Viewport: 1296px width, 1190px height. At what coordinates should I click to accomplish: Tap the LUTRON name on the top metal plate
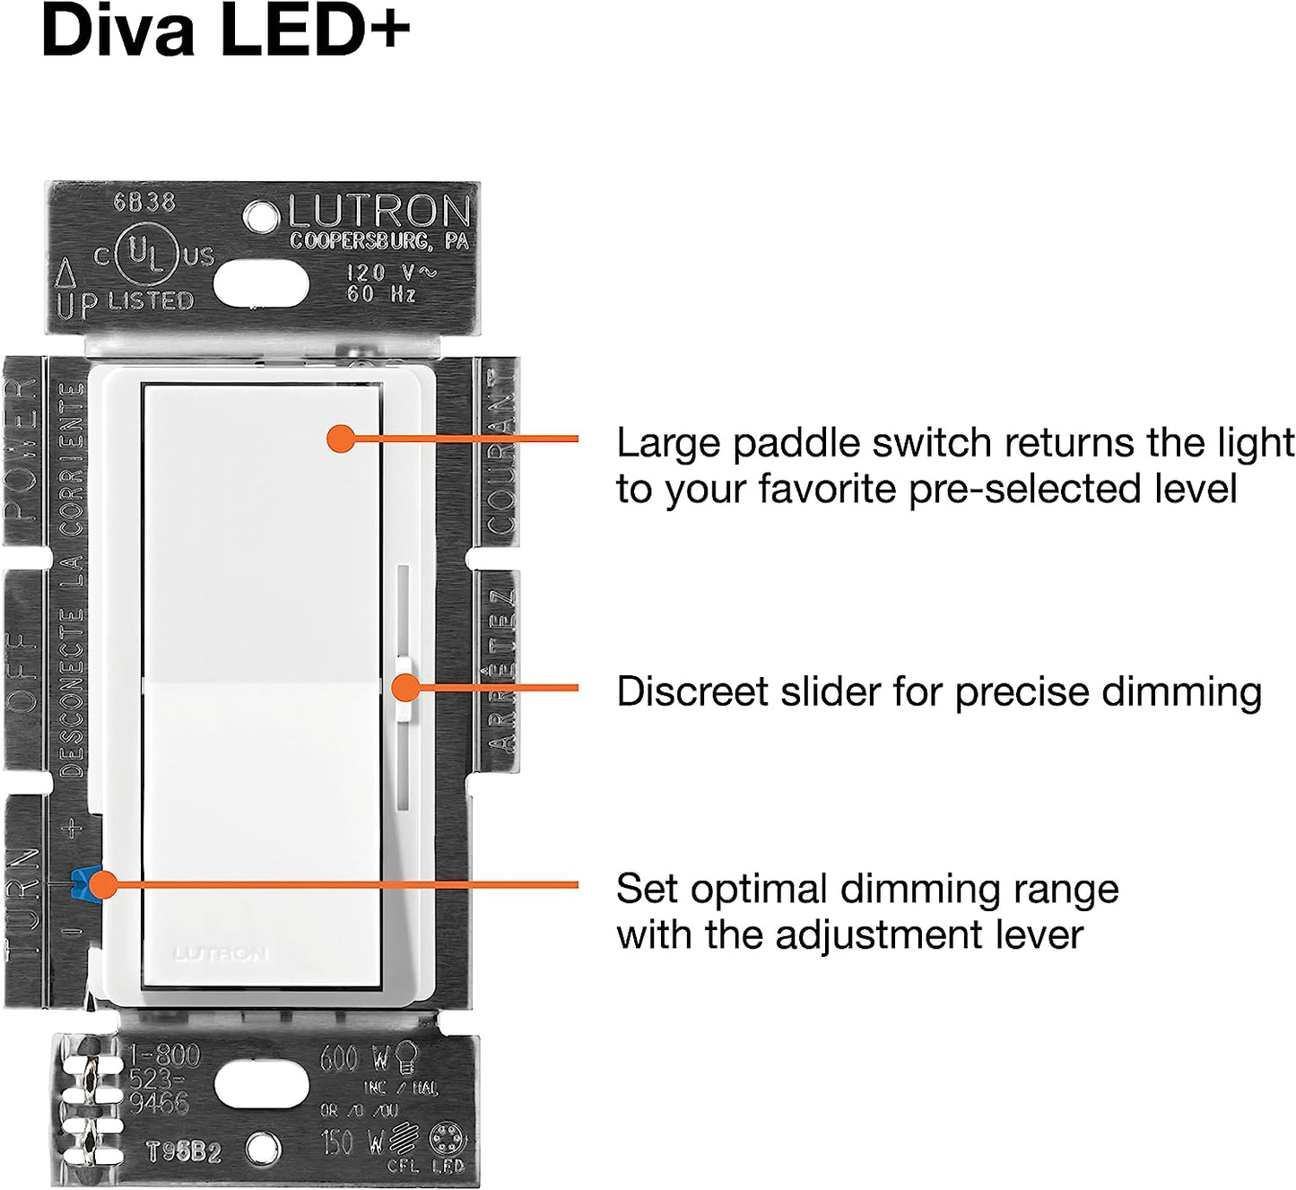379,213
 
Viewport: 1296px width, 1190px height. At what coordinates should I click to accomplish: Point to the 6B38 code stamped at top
144,203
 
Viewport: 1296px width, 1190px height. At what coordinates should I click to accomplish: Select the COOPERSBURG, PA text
378,241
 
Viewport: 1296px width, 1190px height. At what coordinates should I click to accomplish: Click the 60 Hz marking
381,293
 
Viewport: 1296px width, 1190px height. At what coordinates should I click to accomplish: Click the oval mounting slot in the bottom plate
261,1086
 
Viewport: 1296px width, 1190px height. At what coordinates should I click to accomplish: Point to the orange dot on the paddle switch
341,439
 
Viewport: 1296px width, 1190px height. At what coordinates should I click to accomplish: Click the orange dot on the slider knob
406,688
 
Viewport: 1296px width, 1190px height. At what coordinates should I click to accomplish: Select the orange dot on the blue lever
104,884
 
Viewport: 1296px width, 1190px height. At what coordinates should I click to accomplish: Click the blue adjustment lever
83,883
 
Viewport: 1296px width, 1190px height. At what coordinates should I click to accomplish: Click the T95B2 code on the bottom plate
184,1151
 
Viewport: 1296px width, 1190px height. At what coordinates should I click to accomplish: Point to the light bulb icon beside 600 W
407,1057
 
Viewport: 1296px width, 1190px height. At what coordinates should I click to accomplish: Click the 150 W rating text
352,1142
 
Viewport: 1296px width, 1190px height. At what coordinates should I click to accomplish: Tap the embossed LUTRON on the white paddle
221,953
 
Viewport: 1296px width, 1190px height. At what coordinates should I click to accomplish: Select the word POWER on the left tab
22,448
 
